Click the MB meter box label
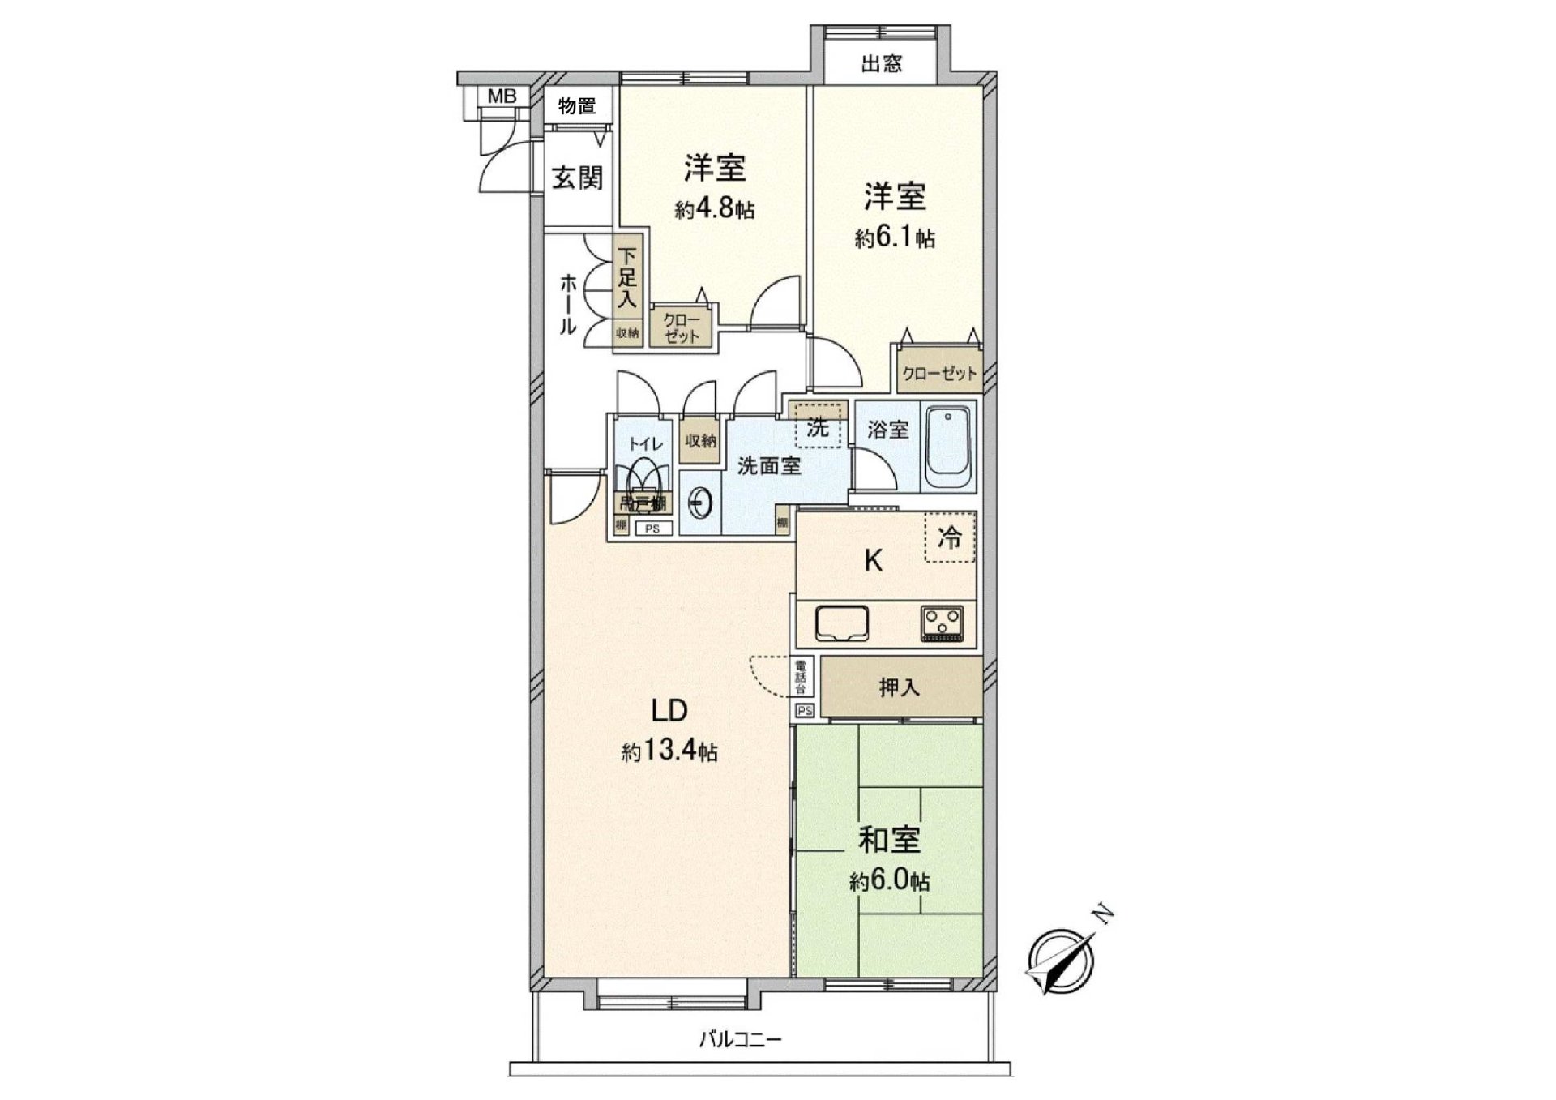tap(502, 96)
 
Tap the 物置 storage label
tap(577, 105)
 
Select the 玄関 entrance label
tap(577, 178)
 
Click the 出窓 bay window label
tap(882, 63)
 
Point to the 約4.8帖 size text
tap(715, 210)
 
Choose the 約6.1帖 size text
tap(895, 238)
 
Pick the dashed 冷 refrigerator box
tap(950, 537)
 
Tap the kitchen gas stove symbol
tap(943, 623)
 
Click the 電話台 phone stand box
tap(800, 678)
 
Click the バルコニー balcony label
tap(740, 1039)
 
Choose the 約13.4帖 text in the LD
tap(669, 752)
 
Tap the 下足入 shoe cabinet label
tap(627, 280)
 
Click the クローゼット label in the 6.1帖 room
tap(939, 374)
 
